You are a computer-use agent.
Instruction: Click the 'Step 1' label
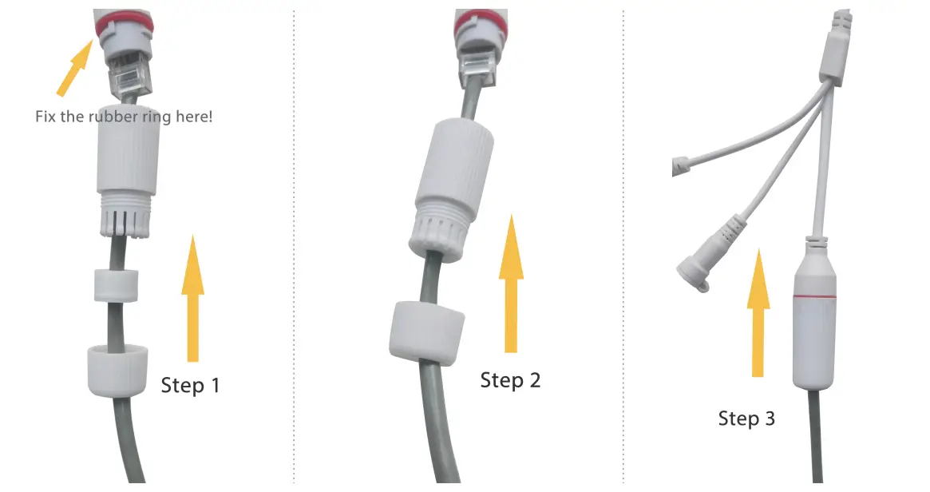[x=190, y=385]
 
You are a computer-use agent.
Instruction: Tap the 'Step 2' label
[x=510, y=380]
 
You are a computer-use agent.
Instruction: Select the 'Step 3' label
[x=746, y=419]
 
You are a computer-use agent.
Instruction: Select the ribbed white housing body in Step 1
[x=128, y=172]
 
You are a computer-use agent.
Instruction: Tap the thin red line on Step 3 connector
[x=814, y=298]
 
